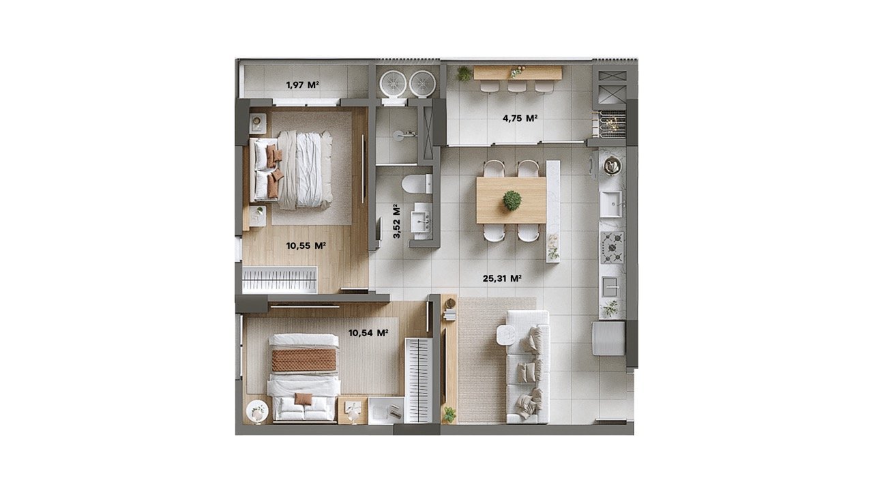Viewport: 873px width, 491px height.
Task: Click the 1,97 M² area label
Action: click(303, 85)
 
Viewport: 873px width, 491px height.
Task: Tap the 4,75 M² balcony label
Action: click(520, 118)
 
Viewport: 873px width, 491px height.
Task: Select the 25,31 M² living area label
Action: click(502, 278)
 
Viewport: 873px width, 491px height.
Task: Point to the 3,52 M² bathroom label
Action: click(396, 221)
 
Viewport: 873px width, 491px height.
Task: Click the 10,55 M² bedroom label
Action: click(306, 245)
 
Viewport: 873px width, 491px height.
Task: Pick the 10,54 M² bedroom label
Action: click(368, 333)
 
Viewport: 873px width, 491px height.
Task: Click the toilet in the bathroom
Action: click(417, 184)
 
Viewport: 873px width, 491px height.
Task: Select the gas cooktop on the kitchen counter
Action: click(612, 248)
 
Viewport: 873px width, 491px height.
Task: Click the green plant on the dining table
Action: click(512, 200)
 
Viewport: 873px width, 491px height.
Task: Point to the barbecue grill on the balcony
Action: click(611, 124)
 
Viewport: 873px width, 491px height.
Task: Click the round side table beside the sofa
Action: click(506, 335)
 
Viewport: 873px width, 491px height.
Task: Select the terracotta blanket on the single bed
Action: click(304, 360)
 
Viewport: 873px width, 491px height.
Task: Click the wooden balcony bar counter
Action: click(518, 73)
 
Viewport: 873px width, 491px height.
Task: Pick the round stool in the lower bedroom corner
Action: click(257, 411)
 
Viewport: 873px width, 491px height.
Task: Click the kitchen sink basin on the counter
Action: click(610, 204)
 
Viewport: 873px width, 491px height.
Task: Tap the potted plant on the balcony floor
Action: click(464, 73)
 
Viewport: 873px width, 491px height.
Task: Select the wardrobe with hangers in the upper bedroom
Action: click(280, 280)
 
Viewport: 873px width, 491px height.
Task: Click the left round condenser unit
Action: click(393, 83)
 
